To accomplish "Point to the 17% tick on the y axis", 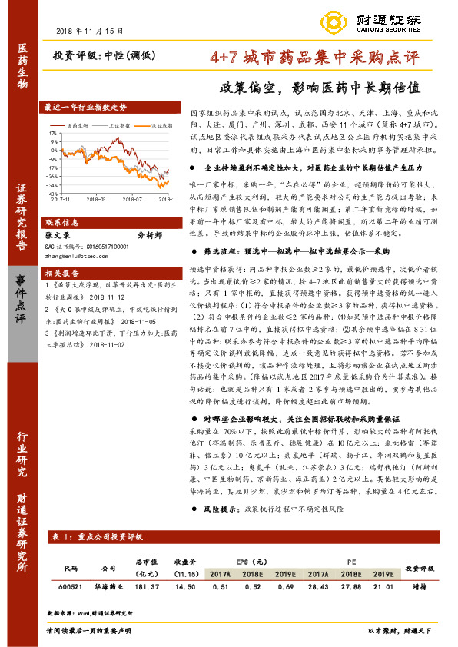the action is coord(53,132).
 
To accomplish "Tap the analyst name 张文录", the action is coord(58,236).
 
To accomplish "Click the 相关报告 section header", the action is coord(61,273).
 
